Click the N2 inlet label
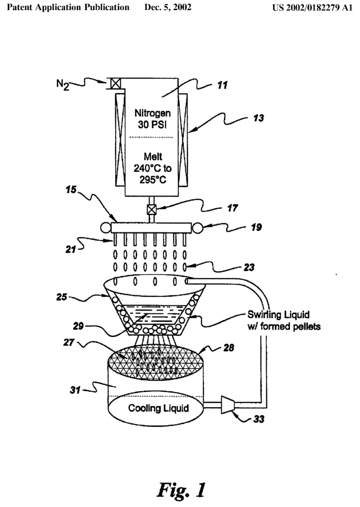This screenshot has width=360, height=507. pyautogui.click(x=63, y=85)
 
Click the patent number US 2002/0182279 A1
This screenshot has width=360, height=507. pyautogui.click(x=307, y=8)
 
